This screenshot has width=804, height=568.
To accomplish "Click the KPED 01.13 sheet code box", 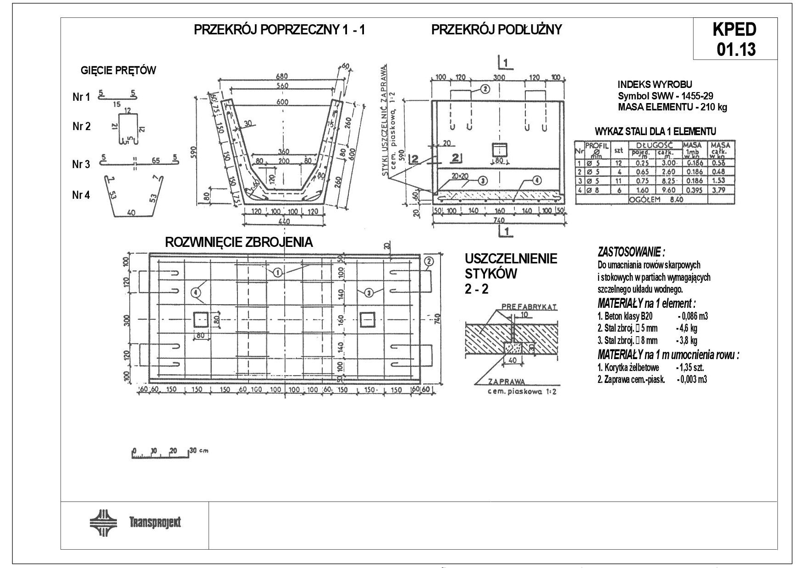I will point(735,39).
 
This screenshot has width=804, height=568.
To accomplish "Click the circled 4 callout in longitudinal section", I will point(537,180).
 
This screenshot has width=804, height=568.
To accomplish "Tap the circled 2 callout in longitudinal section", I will point(485,89).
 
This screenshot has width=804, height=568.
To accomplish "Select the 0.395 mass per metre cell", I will point(692,190).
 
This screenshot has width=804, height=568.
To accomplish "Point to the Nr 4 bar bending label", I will point(81,195).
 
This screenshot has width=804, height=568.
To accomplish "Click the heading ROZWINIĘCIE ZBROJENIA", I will point(239,242).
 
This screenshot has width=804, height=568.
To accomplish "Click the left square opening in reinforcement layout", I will point(200,320).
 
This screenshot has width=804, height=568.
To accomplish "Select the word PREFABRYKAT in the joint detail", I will point(529,306).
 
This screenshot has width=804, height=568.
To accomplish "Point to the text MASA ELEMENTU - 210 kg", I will point(672,108).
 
